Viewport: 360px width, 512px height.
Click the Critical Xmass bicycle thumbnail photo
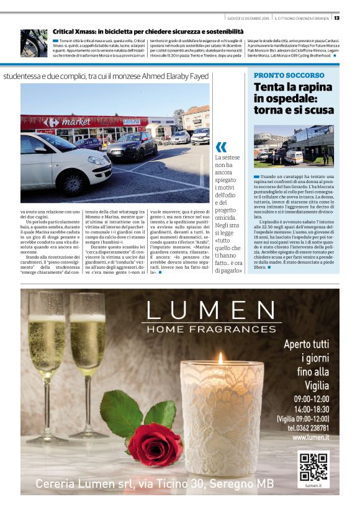34,43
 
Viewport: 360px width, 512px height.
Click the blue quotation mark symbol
221,147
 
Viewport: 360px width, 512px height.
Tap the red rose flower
155,444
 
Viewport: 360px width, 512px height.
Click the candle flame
220,358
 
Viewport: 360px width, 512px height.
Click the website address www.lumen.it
310,438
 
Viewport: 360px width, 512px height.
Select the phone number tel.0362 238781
308,428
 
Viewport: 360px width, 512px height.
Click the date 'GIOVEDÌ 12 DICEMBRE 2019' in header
248,17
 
